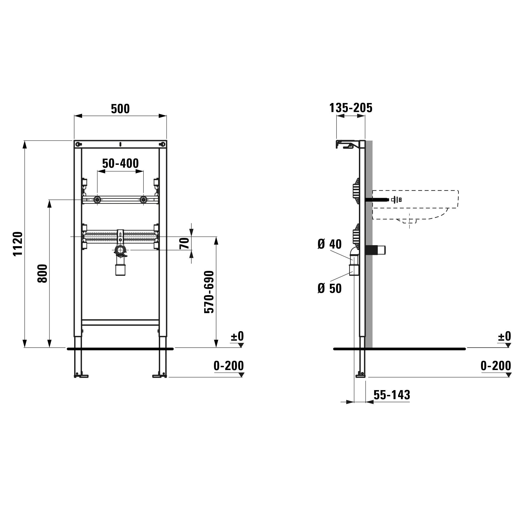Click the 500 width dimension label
(120, 109)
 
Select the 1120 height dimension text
(18, 244)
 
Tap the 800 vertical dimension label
(43, 273)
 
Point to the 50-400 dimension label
(121, 164)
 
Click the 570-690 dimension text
(209, 292)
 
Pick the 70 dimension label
(184, 243)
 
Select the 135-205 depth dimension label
(351, 108)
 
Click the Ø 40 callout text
(330, 244)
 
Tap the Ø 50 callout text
(330, 289)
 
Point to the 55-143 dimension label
(392, 395)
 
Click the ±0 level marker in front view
(237, 336)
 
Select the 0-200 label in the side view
(496, 366)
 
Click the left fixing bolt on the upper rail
(97, 199)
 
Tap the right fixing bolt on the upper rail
(143, 199)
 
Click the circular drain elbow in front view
(121, 250)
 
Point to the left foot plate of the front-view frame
(81, 376)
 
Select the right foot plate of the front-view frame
(159, 376)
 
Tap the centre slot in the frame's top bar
(121, 144)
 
